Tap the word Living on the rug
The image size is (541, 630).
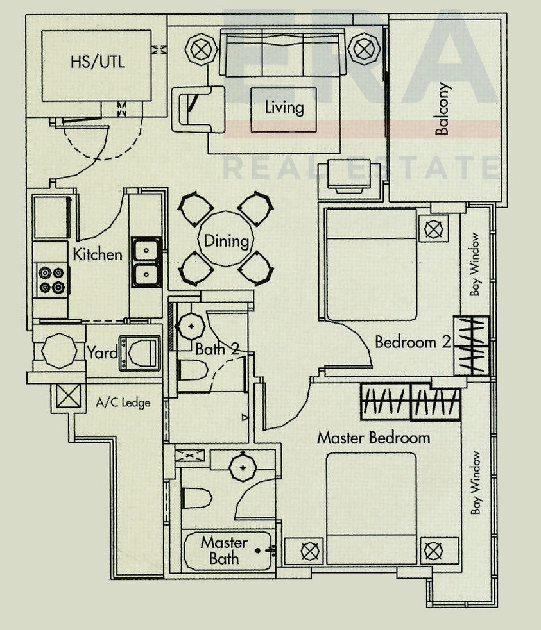tap(284, 108)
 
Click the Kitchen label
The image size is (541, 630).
tap(97, 254)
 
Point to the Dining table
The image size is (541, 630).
tap(226, 241)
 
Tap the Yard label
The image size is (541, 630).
tap(103, 352)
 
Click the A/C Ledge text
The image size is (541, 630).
tap(123, 403)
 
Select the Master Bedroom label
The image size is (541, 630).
tap(374, 438)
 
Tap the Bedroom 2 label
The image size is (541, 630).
tap(412, 342)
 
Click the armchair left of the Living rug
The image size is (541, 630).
tap(200, 109)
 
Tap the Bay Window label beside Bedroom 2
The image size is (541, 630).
tap(476, 273)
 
